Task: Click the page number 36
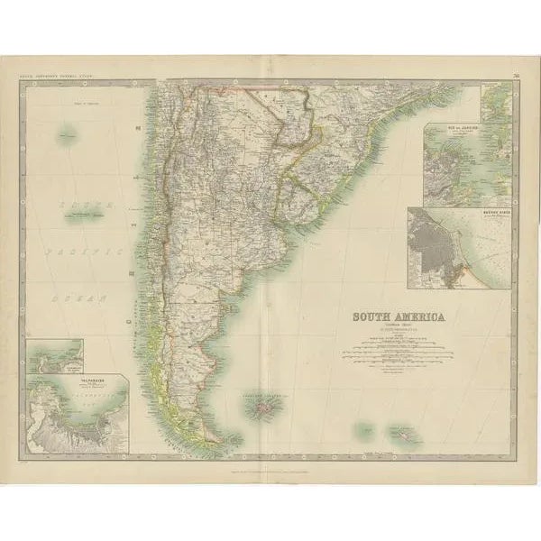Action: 512,86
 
